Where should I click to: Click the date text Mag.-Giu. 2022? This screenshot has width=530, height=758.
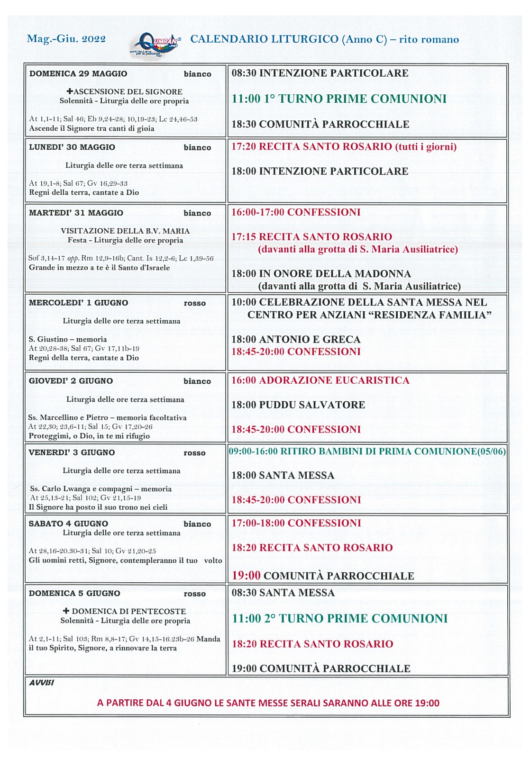pyautogui.click(x=66, y=39)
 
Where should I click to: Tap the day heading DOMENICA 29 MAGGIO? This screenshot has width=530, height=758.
pyautogui.click(x=78, y=73)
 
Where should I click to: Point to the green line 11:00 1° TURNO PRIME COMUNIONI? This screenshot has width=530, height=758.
pyautogui.click(x=339, y=99)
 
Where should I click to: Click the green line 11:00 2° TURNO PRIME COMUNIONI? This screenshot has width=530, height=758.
pyautogui.click(x=339, y=618)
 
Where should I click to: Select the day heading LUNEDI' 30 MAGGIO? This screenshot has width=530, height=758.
pyautogui.click(x=72, y=147)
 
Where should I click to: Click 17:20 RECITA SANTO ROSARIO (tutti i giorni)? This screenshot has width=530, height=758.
pyautogui.click(x=344, y=146)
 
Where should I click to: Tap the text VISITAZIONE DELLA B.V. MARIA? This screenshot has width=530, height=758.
pyautogui.click(x=125, y=231)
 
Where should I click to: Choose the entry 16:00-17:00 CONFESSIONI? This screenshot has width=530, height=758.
pyautogui.click(x=296, y=212)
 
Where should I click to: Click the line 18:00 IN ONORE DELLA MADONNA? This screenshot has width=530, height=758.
pyautogui.click(x=321, y=273)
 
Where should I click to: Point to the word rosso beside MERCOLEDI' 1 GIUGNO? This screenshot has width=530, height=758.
pyautogui.click(x=195, y=303)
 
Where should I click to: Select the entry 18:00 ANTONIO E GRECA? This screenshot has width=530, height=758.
pyautogui.click(x=296, y=339)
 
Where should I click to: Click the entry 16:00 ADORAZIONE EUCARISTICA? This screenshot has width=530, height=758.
pyautogui.click(x=320, y=380)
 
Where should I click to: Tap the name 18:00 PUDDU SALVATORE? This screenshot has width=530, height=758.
pyautogui.click(x=298, y=405)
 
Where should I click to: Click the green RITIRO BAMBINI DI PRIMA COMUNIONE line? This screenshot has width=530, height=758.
pyautogui.click(x=367, y=451)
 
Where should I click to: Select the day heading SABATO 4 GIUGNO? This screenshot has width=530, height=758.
pyautogui.click(x=68, y=523)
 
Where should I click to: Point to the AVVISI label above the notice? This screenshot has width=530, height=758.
pyautogui.click(x=42, y=683)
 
